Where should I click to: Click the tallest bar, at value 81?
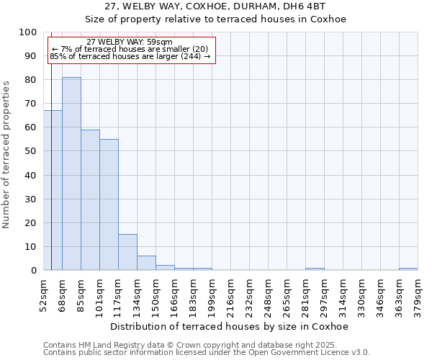click(x=71, y=174)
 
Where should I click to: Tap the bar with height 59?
click(x=90, y=199)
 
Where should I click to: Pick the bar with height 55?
click(x=109, y=204)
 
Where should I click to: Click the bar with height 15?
click(x=127, y=252)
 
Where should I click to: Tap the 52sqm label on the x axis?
click(x=43, y=296)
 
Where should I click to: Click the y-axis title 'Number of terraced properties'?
click(x=6, y=155)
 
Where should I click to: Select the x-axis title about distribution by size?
click(x=230, y=327)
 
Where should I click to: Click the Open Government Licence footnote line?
click(x=207, y=353)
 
